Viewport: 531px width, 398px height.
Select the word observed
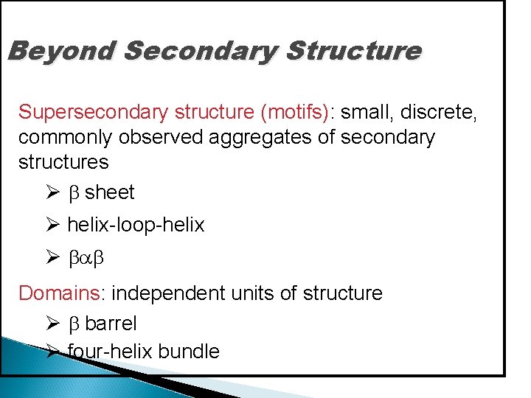pos(164,137)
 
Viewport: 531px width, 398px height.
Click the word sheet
pos(110,193)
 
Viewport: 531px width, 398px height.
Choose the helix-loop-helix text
pos(136,225)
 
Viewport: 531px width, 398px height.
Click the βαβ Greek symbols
pos(88,258)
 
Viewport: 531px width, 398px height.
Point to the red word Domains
pos(60,293)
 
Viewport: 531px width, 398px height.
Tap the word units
pos(251,293)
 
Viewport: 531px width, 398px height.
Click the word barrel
pos(111,324)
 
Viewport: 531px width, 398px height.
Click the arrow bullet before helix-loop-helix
pos(52,225)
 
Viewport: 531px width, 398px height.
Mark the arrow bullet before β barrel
pos(52,324)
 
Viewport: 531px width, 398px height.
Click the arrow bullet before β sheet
pos(52,193)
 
